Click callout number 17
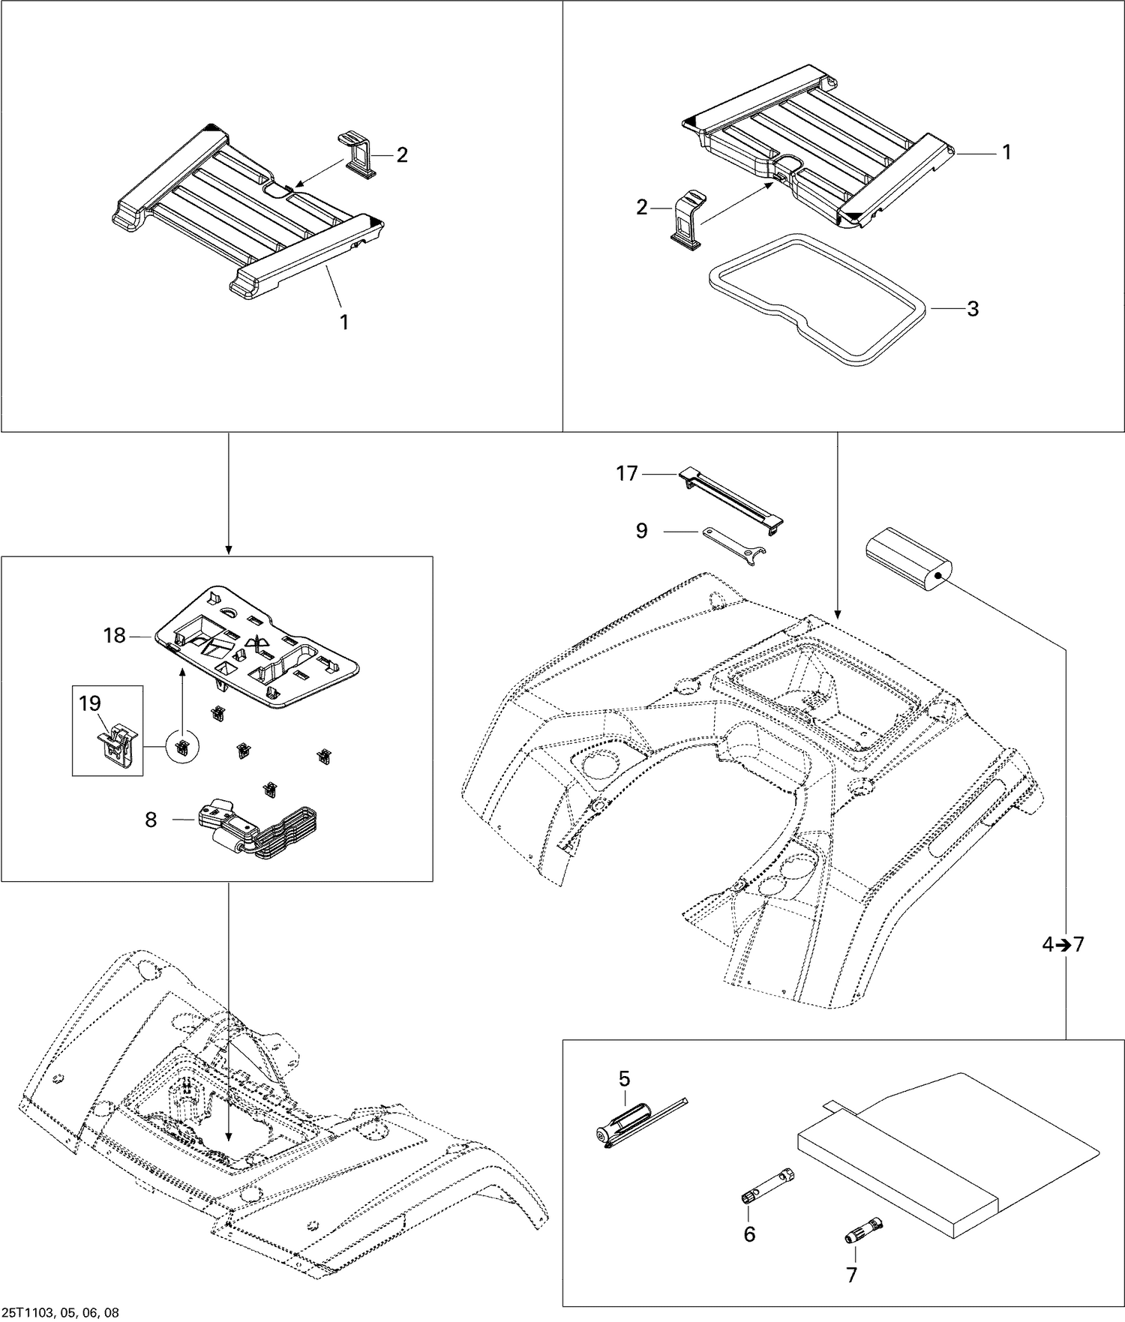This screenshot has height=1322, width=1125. (x=627, y=474)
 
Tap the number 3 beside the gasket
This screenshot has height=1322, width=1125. (x=973, y=309)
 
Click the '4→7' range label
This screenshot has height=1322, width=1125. (x=1063, y=945)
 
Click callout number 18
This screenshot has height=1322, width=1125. (x=115, y=636)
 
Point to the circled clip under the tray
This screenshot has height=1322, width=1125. (x=182, y=747)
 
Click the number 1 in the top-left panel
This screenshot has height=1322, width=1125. (x=344, y=322)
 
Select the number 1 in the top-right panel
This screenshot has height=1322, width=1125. (x=1007, y=152)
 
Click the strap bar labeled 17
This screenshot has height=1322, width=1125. (x=731, y=499)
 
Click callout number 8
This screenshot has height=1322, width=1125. (x=151, y=820)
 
